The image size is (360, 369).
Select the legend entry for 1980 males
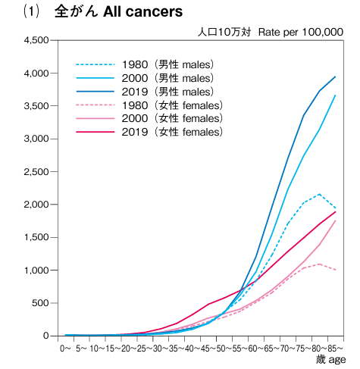click(x=145, y=64)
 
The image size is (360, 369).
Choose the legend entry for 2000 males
click(x=145, y=78)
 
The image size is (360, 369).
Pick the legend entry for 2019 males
click(x=145, y=92)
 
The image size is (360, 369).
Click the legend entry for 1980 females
click(x=149, y=105)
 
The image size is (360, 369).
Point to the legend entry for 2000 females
click(x=149, y=118)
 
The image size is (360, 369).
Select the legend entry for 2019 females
click(x=149, y=132)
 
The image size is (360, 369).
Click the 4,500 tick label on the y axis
click(x=36, y=40)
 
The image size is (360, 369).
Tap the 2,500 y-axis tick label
click(x=36, y=172)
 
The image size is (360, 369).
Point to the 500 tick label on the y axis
click(x=40, y=303)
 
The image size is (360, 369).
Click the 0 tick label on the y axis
click(x=45, y=336)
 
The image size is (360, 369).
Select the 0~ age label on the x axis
click(x=65, y=349)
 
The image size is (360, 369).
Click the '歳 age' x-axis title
click(x=330, y=360)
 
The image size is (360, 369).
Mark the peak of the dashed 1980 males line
click(x=320, y=194)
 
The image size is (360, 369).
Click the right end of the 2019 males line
click(x=336, y=77)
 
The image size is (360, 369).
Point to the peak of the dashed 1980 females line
click(x=320, y=264)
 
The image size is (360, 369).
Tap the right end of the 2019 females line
click(x=336, y=211)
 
